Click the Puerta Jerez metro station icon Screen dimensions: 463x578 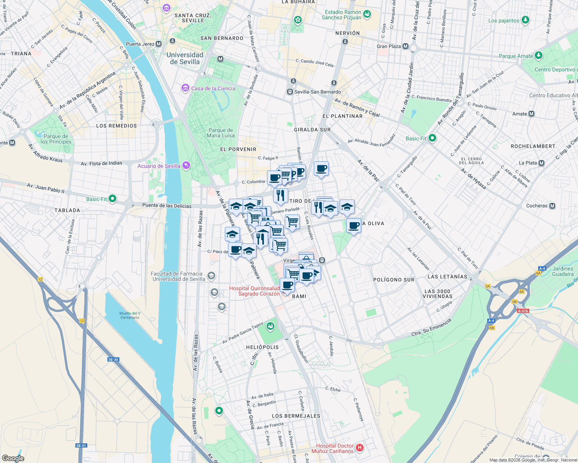158,44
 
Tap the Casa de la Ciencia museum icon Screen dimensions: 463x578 185,88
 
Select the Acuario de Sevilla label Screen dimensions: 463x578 159,166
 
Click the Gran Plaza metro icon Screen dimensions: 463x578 405,46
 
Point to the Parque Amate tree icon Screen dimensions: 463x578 538,56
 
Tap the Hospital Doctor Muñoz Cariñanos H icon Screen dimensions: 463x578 359,448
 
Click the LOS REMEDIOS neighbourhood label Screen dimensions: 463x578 116,126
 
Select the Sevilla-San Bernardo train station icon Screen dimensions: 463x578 290,92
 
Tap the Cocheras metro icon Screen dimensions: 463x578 552,206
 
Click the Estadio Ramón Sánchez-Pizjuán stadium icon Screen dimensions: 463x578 367,14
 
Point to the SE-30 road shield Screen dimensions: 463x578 113,360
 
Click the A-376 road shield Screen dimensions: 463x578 523,311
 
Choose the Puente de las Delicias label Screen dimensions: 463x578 167,206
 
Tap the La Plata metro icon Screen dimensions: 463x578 541,163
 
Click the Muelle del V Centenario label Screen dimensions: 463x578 130,315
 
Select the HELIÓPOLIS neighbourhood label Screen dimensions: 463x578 262,347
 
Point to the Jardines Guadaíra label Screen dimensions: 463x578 563,271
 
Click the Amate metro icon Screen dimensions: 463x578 531,114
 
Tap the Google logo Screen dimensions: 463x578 13,458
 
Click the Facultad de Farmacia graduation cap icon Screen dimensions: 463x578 211,275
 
